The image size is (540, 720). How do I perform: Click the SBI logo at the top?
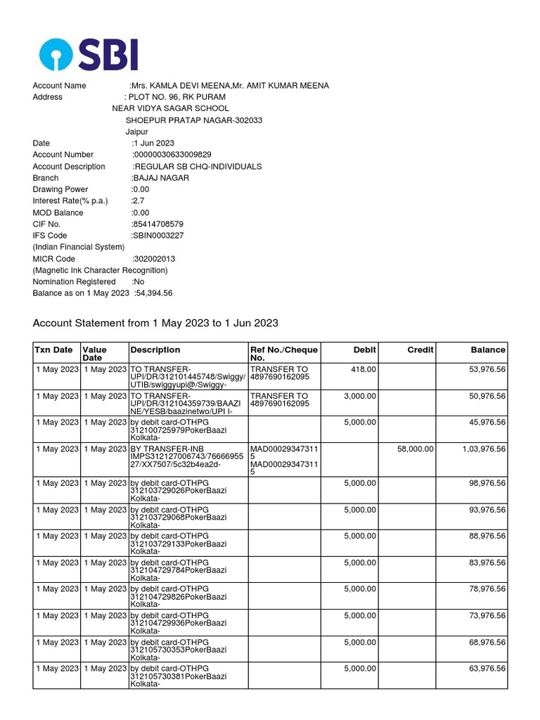coord(89,53)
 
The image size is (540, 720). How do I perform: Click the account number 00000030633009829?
coord(172,155)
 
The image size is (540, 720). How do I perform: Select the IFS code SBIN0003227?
coord(158,236)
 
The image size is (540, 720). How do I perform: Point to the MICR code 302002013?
coord(154,259)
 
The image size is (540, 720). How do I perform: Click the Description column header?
coord(155,349)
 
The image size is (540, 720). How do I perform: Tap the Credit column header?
coord(420,349)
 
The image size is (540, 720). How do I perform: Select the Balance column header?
coord(488,349)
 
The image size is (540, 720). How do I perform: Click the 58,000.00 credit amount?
coord(416,449)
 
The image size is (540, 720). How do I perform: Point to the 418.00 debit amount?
coord(364,368)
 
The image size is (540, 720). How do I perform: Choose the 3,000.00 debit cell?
coord(360,396)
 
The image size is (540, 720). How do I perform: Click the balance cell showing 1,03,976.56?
coord(484,449)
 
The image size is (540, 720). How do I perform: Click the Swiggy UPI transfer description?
coord(188,376)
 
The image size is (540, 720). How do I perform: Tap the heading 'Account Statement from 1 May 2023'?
coord(155,323)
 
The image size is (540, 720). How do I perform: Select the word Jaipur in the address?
coord(137,131)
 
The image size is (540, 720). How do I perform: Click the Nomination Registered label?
coord(74,282)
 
